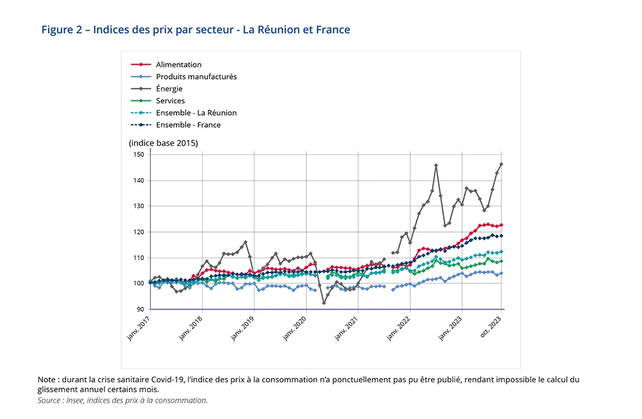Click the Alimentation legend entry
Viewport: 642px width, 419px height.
(x=178, y=65)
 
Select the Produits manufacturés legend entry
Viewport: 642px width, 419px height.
(x=196, y=76)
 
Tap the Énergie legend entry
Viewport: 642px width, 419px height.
(x=169, y=89)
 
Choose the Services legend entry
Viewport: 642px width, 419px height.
(x=170, y=101)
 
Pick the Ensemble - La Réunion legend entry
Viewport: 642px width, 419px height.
(x=196, y=113)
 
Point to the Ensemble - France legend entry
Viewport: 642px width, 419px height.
(x=187, y=125)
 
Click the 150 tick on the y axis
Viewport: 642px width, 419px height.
(x=139, y=155)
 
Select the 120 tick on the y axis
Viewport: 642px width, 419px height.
(x=139, y=232)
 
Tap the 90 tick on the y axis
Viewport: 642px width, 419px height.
(x=141, y=309)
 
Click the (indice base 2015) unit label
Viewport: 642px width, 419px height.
(x=163, y=143)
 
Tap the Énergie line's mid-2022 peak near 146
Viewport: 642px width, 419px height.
(x=436, y=165)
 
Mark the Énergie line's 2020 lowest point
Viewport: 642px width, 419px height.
(x=324, y=303)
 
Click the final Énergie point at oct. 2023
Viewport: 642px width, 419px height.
(x=501, y=164)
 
